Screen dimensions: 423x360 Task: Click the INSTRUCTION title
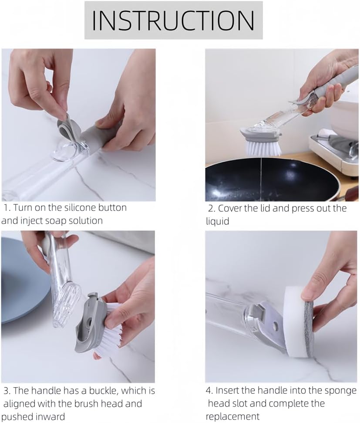(x=173, y=20)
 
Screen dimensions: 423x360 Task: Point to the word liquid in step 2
(x=217, y=221)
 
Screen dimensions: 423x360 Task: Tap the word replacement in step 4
(x=232, y=416)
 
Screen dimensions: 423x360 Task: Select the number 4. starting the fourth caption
(x=209, y=391)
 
